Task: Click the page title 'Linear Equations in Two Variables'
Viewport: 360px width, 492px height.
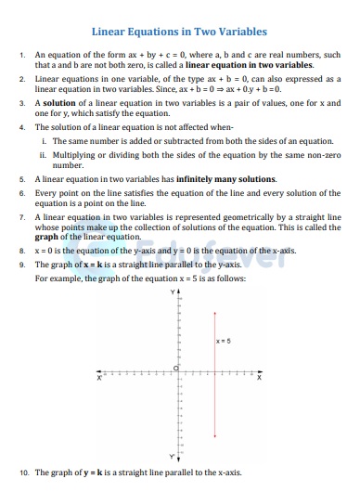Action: [x=180, y=32]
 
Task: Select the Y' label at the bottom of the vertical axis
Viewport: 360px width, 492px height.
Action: [x=172, y=456]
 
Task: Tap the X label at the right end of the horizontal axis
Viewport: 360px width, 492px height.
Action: [x=260, y=378]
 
